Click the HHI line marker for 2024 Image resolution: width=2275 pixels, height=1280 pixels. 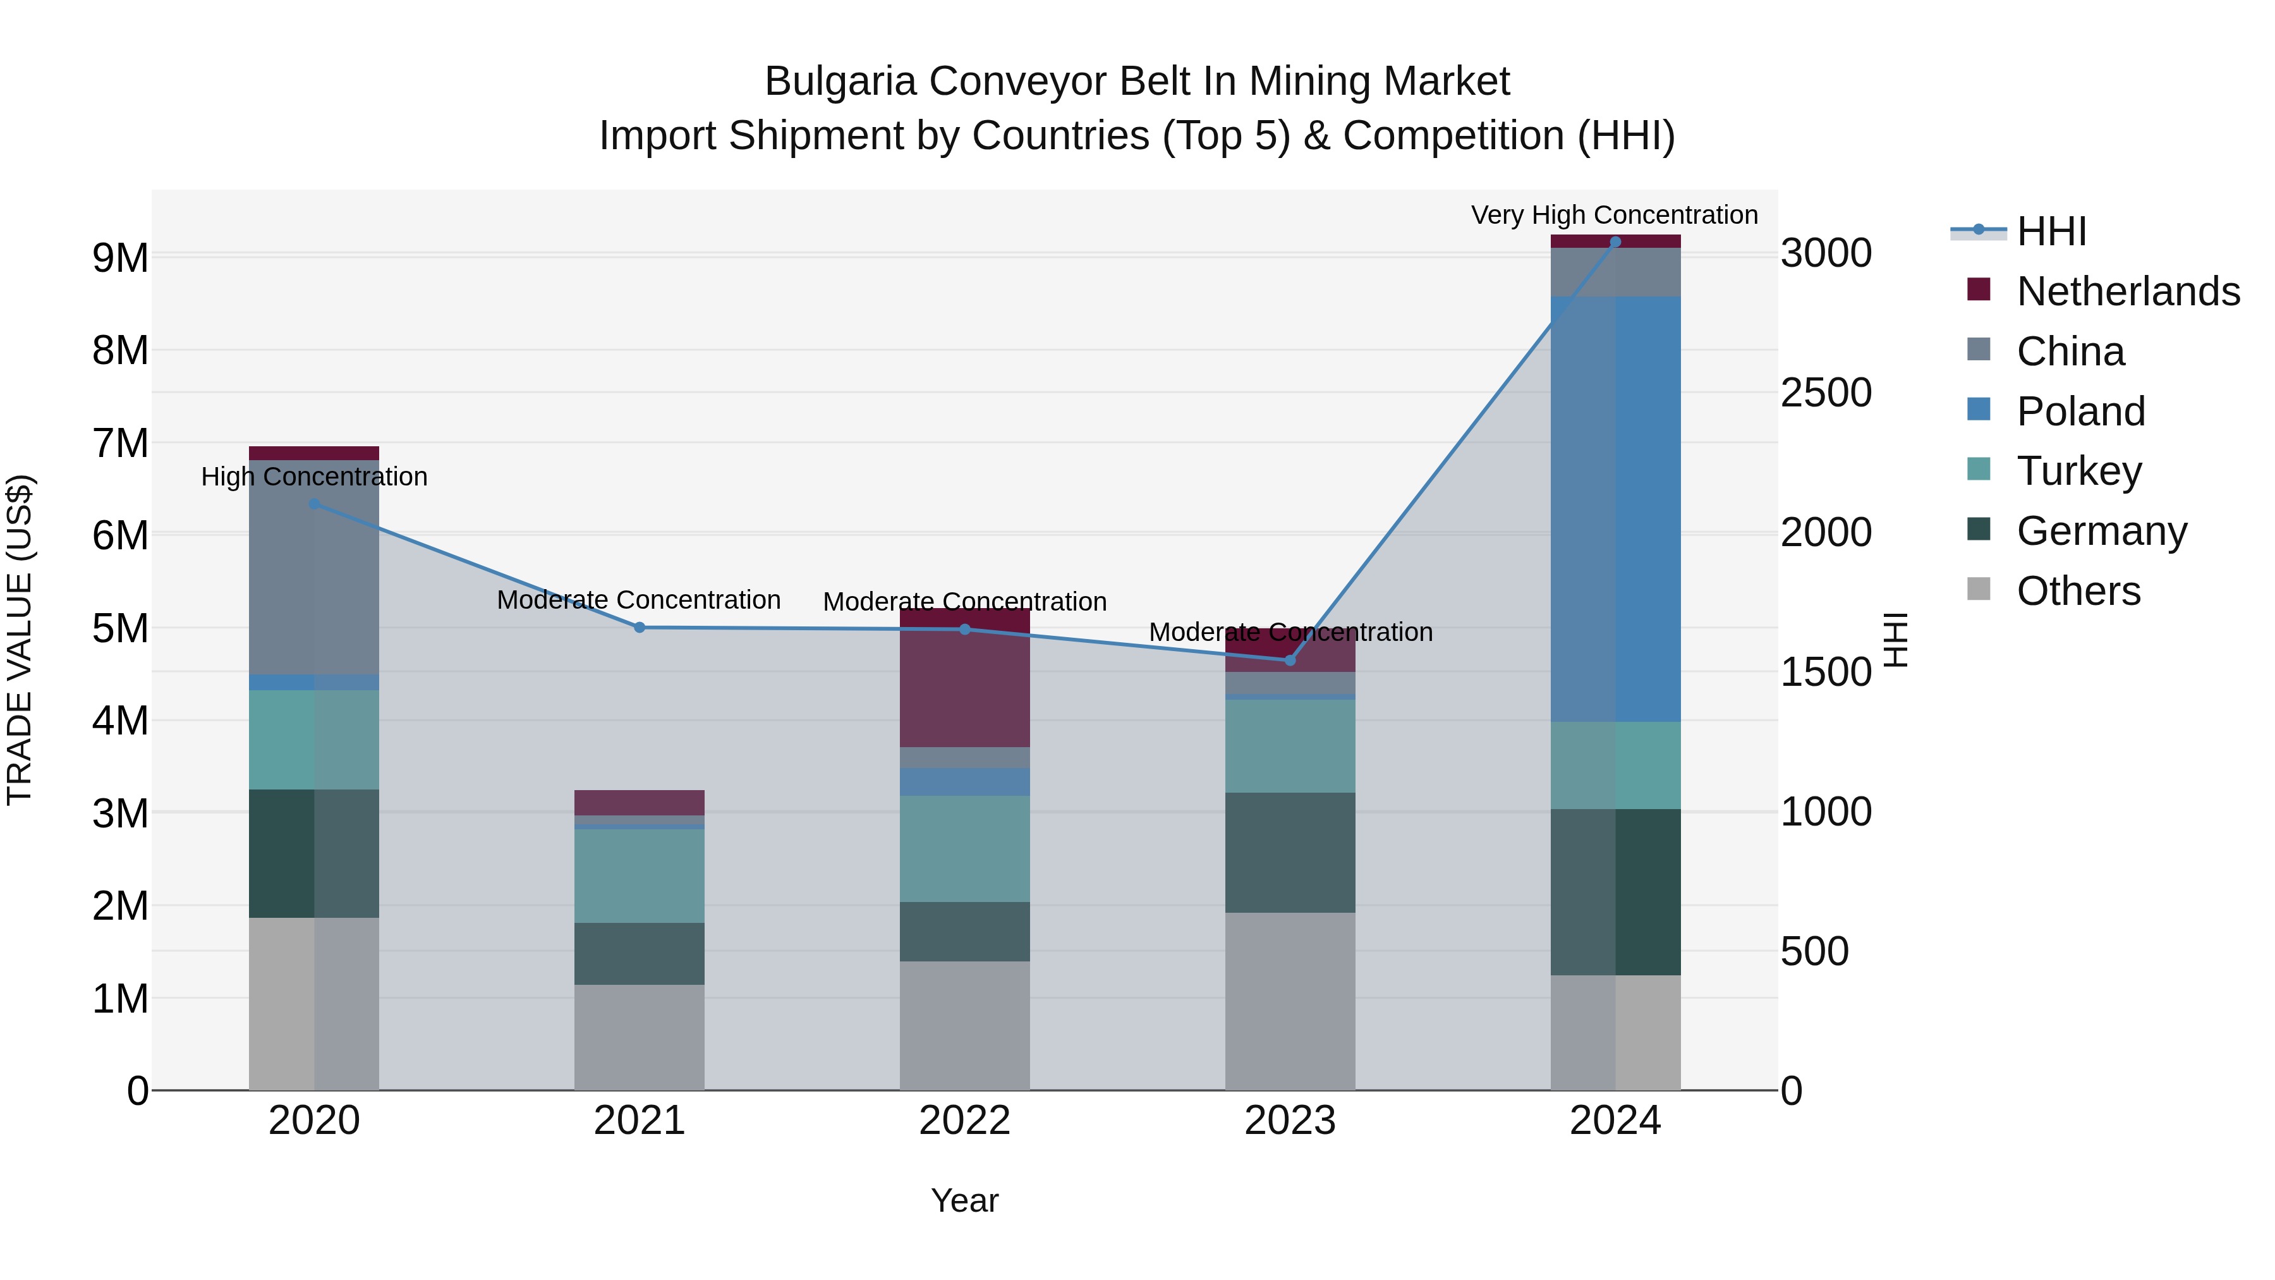click(1615, 242)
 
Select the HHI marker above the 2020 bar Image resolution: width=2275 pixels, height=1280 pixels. click(315, 504)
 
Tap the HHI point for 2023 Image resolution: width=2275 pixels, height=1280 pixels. click(1289, 661)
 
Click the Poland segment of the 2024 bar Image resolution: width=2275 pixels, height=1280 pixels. click(1615, 509)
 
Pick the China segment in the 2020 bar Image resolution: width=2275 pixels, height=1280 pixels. click(315, 567)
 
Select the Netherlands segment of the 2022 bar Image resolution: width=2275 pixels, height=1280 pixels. click(964, 678)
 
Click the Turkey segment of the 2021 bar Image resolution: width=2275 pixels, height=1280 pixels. click(640, 875)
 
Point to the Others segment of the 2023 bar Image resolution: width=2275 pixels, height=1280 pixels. click(1289, 1001)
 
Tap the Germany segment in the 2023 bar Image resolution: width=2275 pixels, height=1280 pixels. click(1289, 853)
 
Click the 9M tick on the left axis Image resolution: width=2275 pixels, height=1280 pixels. click(120, 258)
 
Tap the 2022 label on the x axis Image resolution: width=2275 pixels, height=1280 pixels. click(964, 1121)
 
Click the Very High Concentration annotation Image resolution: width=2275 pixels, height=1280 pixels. click(1615, 215)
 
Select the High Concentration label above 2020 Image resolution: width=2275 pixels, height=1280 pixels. click(315, 477)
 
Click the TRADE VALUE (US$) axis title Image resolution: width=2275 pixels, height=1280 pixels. click(20, 640)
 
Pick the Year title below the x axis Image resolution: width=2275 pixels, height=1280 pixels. click(964, 1200)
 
